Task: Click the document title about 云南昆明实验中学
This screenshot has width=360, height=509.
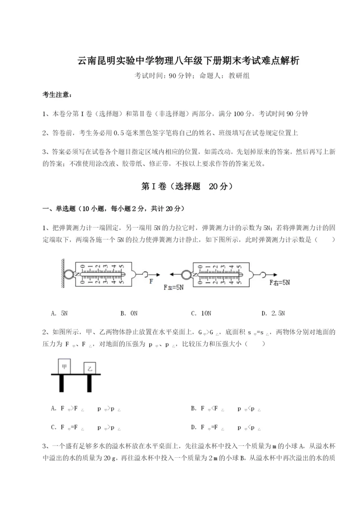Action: [180, 61]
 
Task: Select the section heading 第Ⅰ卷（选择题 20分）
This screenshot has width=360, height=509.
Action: [180, 186]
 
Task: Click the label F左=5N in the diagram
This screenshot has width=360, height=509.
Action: [173, 287]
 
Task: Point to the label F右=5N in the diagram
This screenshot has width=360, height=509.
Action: [279, 283]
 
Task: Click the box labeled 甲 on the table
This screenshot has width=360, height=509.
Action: [64, 367]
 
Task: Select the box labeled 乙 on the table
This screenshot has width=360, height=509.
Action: [90, 369]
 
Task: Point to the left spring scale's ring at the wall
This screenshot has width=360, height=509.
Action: [69, 273]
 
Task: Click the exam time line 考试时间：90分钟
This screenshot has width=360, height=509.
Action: [180, 76]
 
